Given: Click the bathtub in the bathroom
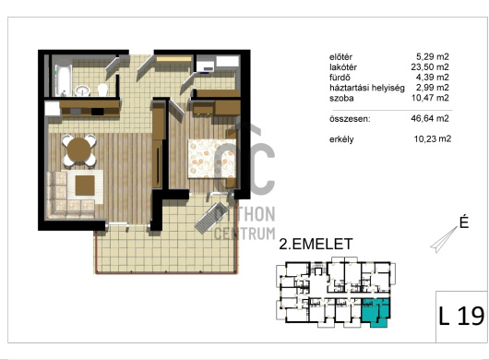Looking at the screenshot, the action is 64,78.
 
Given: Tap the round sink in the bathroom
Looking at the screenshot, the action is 82,90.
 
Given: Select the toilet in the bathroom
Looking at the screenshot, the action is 102,90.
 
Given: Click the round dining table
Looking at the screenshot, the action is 79,150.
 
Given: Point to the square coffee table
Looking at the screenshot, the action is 85,186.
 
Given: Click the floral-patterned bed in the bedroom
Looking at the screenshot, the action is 211,159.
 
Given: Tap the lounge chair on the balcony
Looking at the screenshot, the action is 210,218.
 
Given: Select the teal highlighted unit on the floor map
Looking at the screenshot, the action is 376,312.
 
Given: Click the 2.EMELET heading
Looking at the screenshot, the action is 316,244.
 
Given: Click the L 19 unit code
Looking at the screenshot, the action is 461,317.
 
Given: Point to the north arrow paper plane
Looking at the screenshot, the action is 444,239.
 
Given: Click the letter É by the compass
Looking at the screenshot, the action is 464,222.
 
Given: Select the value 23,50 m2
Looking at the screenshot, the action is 430,66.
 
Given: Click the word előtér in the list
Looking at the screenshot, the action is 340,57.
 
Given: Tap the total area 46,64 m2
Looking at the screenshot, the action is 430,118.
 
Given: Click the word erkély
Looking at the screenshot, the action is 341,139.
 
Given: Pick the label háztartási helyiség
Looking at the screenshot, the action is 367,88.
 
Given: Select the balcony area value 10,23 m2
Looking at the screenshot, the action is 432,138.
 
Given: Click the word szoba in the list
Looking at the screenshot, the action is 341,98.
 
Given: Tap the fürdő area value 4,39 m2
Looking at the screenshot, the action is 433,77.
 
